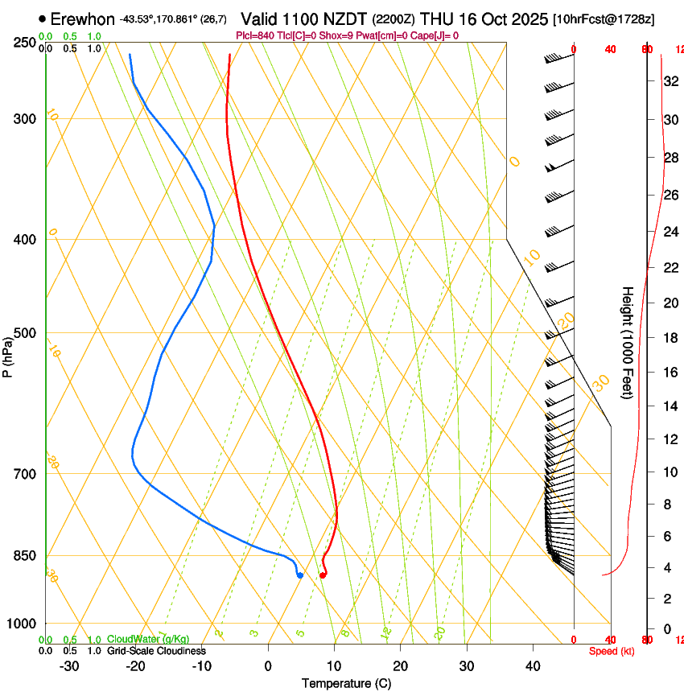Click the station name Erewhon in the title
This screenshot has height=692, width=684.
click(x=83, y=19)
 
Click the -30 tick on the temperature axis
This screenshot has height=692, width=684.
click(x=70, y=666)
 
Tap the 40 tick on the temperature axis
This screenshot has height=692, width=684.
click(x=532, y=666)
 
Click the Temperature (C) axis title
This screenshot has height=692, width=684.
click(x=346, y=684)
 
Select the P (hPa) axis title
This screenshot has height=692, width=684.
click(x=8, y=355)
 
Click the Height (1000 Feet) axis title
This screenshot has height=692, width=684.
click(x=628, y=342)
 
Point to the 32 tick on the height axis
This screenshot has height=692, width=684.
click(x=668, y=81)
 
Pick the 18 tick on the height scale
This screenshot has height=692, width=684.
click(x=668, y=338)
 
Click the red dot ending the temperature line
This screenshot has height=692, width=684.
click(x=323, y=575)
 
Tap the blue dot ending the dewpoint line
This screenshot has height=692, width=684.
click(x=299, y=575)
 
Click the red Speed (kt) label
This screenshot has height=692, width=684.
click(x=612, y=651)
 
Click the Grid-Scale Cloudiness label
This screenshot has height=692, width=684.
click(x=156, y=651)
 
